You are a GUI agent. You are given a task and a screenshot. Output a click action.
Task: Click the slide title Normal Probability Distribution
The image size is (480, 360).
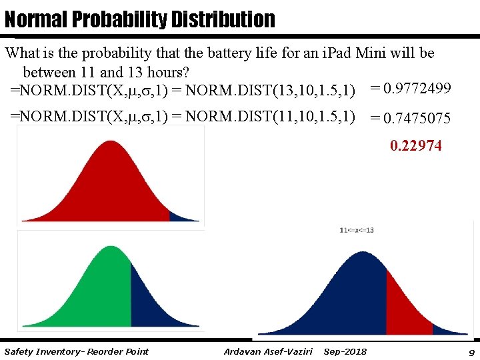[x=139, y=19]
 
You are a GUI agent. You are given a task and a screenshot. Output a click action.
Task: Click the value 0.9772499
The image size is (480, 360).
[x=411, y=88]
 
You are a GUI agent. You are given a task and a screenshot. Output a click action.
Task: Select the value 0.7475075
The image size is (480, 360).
[x=411, y=119]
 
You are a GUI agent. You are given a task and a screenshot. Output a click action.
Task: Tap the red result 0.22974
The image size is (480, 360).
[x=415, y=145]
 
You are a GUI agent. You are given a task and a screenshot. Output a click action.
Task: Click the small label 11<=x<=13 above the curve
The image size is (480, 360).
[x=357, y=231]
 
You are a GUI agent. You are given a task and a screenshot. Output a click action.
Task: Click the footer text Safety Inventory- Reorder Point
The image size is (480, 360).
[x=76, y=351]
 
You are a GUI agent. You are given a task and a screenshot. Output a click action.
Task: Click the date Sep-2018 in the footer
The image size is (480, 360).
[x=345, y=351]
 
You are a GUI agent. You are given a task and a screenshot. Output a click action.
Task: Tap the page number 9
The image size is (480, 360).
[x=471, y=351]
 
